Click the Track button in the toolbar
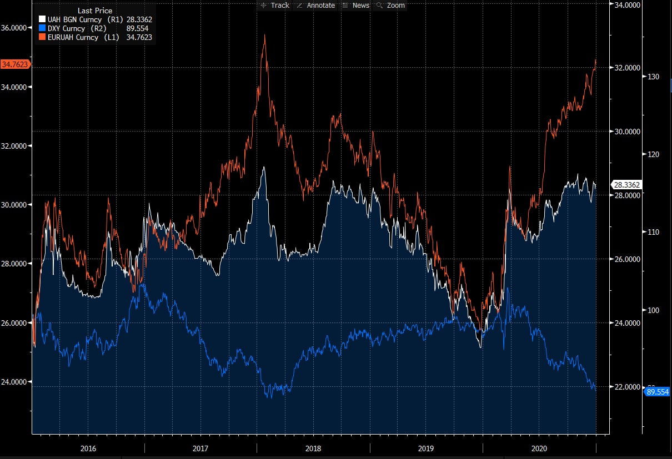tap(275, 5)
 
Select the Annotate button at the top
tap(316, 5)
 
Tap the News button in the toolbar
tap(356, 5)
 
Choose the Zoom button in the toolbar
tap(392, 5)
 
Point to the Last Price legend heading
tap(95, 11)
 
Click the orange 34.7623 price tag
tap(16, 64)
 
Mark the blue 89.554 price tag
tap(658, 392)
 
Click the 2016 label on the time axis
tap(88, 448)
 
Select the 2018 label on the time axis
tap(313, 448)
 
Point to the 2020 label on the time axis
tap(539, 448)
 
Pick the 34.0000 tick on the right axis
tap(626, 5)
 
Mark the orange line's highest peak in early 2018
tap(265, 35)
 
